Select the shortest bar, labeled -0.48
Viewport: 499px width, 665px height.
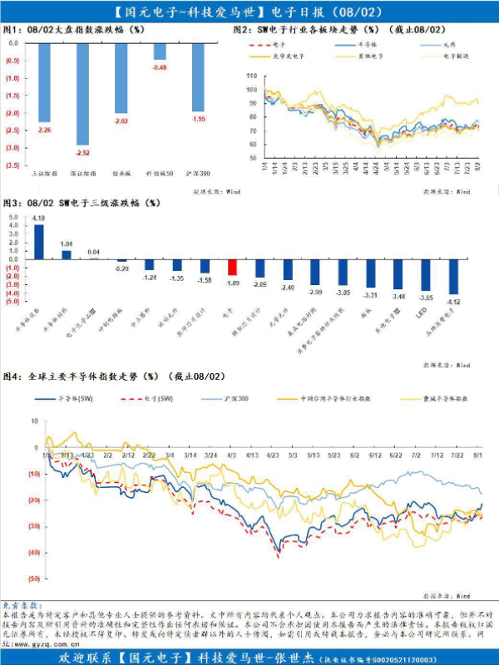[160, 52]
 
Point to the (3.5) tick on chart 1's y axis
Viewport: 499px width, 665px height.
[12, 165]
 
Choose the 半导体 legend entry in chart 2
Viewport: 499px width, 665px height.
[367, 44]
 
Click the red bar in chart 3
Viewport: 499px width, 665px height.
[233, 268]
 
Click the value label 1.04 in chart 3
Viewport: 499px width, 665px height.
[67, 244]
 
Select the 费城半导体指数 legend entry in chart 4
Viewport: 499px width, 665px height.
[442, 399]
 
